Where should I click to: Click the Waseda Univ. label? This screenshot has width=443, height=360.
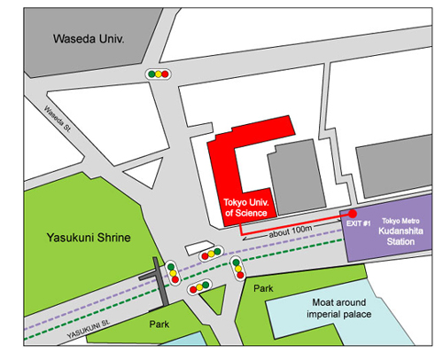(89, 39)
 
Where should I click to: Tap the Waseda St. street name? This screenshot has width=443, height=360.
(58, 119)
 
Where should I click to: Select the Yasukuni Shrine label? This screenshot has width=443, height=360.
(89, 238)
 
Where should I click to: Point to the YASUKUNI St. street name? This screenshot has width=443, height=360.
(89, 329)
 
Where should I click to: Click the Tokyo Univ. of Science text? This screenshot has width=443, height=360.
(246, 207)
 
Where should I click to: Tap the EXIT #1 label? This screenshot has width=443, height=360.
(358, 223)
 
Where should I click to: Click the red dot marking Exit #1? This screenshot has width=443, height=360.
(353, 214)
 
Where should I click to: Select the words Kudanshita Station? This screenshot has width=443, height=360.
(400, 236)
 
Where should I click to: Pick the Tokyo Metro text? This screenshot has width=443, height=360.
(400, 221)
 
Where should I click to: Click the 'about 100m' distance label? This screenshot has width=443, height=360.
(291, 231)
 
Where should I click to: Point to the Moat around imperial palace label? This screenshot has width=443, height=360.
(339, 308)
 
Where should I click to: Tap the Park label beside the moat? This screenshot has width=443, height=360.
(263, 288)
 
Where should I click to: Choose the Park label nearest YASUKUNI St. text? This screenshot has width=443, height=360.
(159, 325)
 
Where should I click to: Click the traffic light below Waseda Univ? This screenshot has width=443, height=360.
(159, 74)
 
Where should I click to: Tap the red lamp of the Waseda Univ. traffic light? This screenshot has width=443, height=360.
(165, 74)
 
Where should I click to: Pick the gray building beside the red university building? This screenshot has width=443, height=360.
(296, 176)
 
